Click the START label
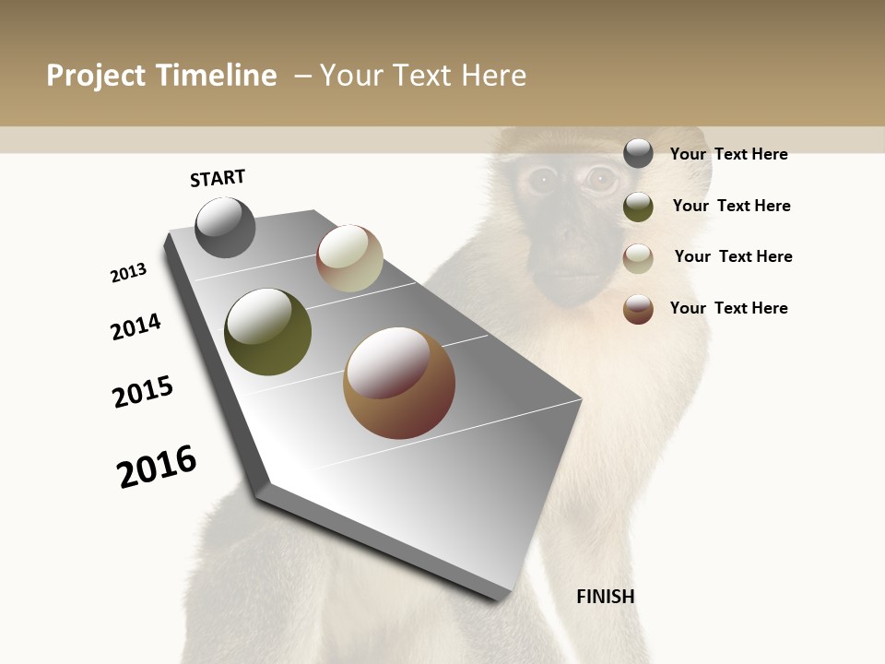click(x=218, y=178)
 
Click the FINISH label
click(x=606, y=597)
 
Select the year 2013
click(x=128, y=273)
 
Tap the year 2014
click(x=136, y=326)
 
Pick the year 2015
click(x=143, y=392)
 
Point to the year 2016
click(x=157, y=466)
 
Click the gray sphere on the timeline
click(x=226, y=228)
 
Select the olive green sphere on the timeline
click(x=267, y=332)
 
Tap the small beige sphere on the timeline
click(x=349, y=258)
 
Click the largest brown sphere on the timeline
click(x=399, y=383)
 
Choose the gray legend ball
click(x=638, y=154)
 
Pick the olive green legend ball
click(x=638, y=207)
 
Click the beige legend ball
click(x=638, y=258)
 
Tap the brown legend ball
click(x=638, y=309)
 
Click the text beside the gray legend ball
click(x=728, y=154)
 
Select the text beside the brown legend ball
click(x=728, y=308)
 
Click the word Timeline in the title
click(x=216, y=76)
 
